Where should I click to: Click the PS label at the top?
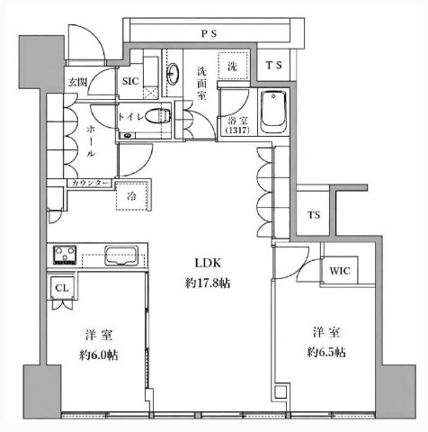[209, 33]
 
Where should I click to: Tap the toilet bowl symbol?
[158, 115]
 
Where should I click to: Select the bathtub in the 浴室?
[273, 112]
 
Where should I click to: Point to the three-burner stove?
[65, 255]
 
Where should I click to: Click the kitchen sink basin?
[121, 256]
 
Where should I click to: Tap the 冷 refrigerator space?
[132, 196]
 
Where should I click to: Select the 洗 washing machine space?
[233, 66]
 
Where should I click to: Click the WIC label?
[340, 271]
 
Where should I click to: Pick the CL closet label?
[62, 288]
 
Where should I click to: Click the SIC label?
[130, 81]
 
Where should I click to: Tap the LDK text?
[208, 263]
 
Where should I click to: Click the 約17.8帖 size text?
[208, 283]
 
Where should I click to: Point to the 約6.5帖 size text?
[326, 352]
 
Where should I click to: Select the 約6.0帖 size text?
[99, 355]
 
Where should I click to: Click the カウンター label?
[90, 183]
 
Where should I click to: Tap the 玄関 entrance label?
[77, 82]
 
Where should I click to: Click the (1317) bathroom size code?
[237, 130]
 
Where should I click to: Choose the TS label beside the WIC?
[314, 215]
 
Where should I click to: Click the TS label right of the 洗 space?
[274, 65]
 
